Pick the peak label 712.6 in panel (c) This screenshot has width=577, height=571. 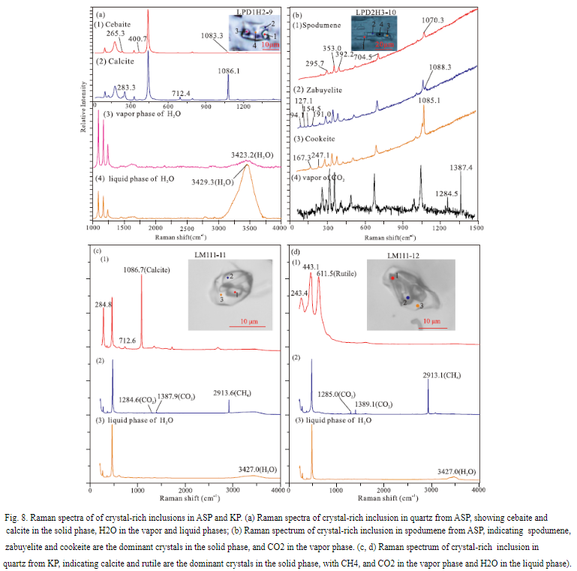click(127, 341)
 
